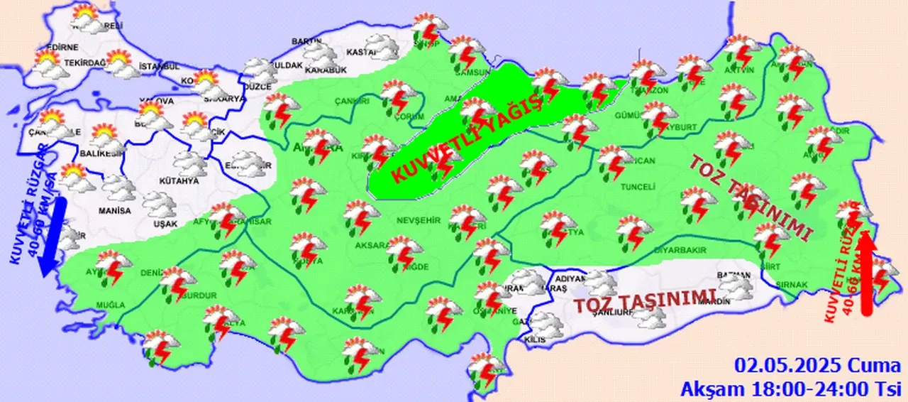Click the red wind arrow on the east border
(865, 276)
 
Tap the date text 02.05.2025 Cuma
(816, 366)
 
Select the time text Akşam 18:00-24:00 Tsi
(790, 389)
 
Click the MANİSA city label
(115, 211)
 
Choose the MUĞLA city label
(111, 305)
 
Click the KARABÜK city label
(325, 70)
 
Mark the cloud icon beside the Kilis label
(546, 325)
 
